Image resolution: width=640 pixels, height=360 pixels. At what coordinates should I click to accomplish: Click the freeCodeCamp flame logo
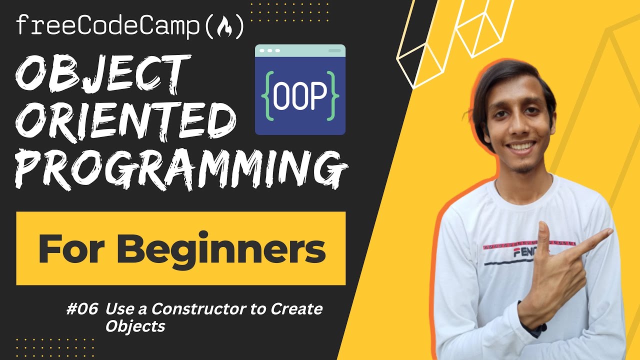(x=224, y=27)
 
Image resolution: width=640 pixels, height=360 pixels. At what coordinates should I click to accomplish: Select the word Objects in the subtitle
(x=135, y=326)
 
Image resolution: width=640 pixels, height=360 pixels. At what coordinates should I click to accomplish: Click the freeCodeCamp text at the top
(x=108, y=26)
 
